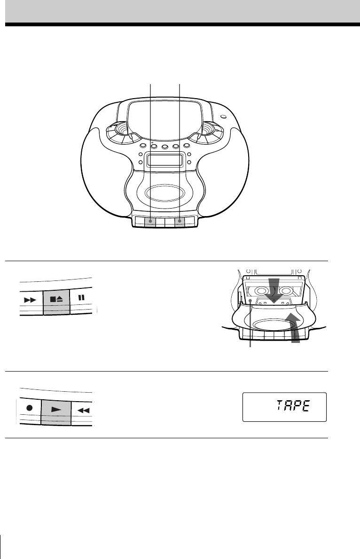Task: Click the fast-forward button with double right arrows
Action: coord(31,300)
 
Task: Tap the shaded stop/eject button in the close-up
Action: coord(56,302)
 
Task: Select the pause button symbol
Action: coord(82,297)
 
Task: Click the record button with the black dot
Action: coord(29,407)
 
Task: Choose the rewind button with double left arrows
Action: coord(83,411)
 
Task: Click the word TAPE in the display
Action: coord(293,406)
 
